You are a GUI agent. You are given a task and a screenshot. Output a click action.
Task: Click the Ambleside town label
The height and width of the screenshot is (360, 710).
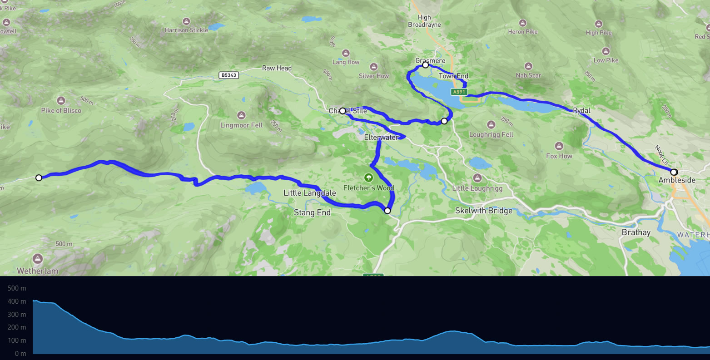[677, 180]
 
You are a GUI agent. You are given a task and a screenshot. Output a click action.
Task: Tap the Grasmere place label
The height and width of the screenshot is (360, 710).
[430, 60]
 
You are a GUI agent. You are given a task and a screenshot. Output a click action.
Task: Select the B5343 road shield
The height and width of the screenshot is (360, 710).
[228, 75]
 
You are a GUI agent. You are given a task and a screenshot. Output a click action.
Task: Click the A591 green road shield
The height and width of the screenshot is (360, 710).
[459, 92]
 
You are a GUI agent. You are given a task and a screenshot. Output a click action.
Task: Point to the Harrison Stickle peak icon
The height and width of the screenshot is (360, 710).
[186, 21]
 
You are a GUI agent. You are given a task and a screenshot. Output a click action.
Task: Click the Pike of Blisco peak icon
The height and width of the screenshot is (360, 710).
[61, 100]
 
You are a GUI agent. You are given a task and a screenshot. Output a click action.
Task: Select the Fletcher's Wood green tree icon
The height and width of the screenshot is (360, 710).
[368, 177]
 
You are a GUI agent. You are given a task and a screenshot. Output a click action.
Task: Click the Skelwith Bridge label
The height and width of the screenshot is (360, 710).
[484, 211]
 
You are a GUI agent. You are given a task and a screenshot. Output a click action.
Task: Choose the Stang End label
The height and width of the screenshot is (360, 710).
[312, 212]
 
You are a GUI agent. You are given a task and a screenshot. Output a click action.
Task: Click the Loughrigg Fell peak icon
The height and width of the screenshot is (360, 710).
[491, 124]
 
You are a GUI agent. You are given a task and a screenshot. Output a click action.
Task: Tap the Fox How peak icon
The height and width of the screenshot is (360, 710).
[559, 146]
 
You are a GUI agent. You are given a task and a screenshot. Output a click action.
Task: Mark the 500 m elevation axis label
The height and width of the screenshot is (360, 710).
[17, 288]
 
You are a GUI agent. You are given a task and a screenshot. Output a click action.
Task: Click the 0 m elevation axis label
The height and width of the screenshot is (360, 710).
[20, 354]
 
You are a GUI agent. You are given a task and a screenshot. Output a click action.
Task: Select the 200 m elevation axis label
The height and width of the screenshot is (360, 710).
[17, 327]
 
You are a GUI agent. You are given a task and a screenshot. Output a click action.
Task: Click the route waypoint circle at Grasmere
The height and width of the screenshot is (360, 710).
[426, 65]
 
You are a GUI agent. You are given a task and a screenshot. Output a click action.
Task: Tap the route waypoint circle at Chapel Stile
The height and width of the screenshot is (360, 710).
[343, 111]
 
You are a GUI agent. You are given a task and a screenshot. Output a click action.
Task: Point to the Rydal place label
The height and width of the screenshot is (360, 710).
[581, 110]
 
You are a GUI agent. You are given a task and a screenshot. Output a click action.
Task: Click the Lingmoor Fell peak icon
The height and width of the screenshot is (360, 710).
[242, 115]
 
